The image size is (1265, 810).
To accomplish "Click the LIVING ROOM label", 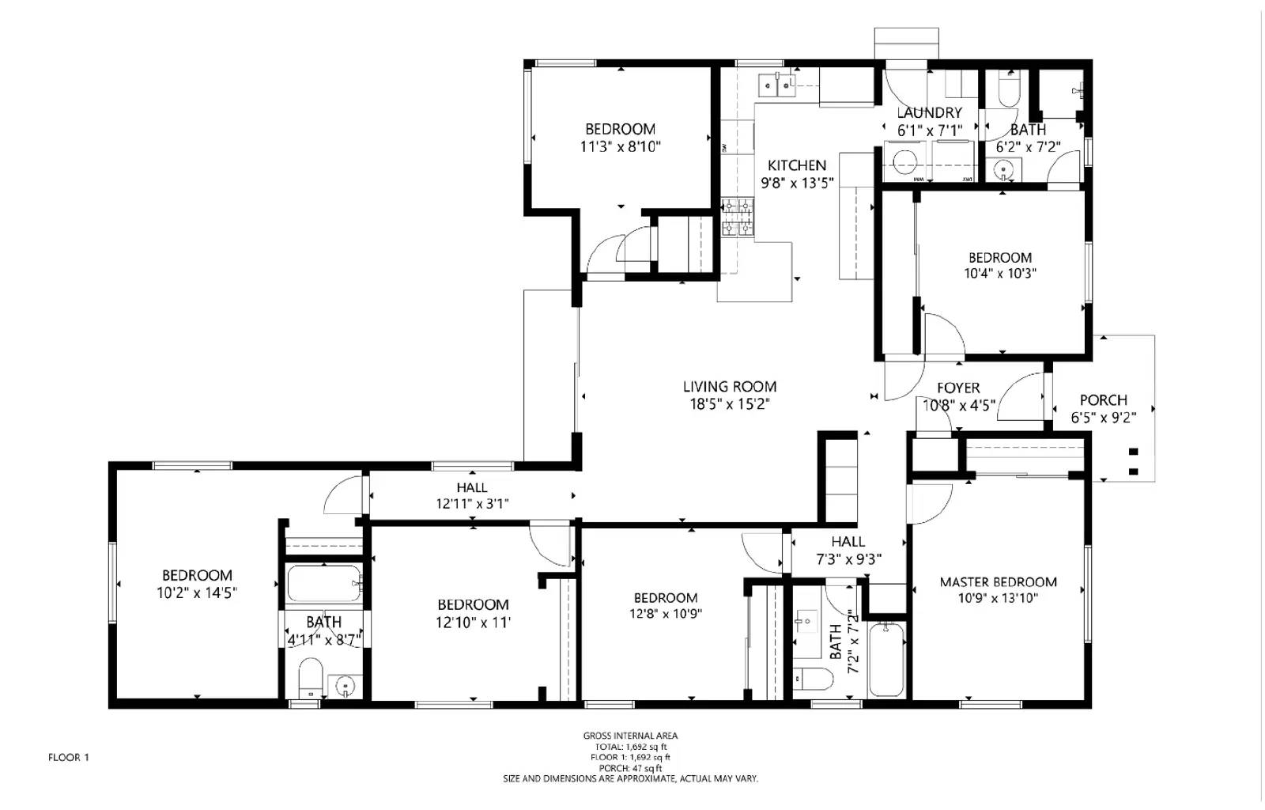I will coord(729,387).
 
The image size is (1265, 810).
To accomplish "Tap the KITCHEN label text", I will coord(796,165).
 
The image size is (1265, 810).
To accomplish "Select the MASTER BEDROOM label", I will coord(998,582).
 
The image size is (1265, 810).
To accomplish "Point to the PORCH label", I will coord(1103,400).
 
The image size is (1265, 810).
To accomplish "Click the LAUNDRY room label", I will coord(929,113).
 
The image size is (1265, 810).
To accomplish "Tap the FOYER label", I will coord(958,388).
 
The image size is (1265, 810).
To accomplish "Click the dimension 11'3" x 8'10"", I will coord(620,146).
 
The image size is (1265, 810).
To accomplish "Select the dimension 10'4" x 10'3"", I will coord(999,274).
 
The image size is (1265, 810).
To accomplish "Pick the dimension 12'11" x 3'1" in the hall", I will coord(472,503).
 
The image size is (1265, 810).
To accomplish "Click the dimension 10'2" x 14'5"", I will coord(197,592).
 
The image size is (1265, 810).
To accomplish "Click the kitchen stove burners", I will coord(738,218).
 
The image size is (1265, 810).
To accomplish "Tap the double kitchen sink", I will coord(776,85).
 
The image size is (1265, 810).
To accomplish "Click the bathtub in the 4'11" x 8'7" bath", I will coord(323,585).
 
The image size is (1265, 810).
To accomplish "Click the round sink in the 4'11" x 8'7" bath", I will coord(344,686).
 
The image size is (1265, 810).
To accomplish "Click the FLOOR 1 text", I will coord(69,758).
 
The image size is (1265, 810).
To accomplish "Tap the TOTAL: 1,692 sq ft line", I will coord(630,747).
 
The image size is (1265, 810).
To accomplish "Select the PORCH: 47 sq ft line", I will coord(630,768).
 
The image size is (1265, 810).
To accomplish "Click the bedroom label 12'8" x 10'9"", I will coord(665,614).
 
